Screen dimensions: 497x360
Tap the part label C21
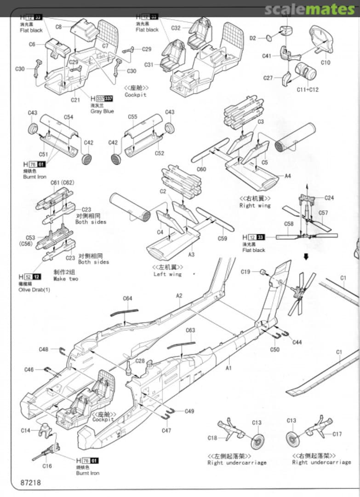point(75,99)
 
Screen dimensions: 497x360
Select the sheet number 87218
point(31,483)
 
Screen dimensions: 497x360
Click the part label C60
point(201,169)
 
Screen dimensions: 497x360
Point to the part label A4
point(288,176)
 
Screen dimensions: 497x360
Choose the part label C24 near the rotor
point(329,198)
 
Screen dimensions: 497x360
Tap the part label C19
point(246,272)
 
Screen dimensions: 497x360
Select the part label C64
point(127,299)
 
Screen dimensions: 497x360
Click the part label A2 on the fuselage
point(179,295)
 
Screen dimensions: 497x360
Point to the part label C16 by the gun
point(47,466)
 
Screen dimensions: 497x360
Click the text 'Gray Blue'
point(102,111)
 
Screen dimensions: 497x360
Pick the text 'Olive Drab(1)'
point(34,290)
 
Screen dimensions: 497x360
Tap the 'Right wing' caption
point(255,206)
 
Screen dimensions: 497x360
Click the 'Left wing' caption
point(167,274)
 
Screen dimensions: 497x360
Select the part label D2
point(253,38)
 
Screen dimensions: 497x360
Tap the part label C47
point(166,430)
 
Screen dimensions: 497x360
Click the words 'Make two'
point(66,279)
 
